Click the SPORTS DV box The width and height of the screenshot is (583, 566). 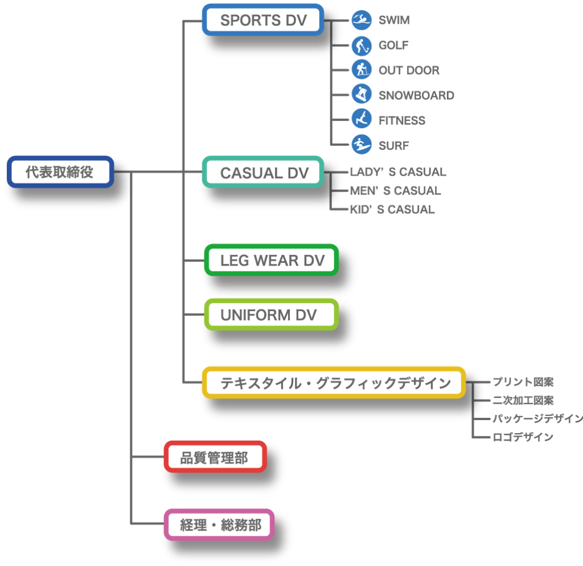pos(263,20)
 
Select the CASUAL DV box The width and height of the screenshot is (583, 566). pos(264,172)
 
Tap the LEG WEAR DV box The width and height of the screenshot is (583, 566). pos(272,260)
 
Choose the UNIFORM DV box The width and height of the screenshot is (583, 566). pos(272,315)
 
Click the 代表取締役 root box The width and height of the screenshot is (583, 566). pos(60,172)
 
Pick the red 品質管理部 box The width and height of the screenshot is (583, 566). pos(215,457)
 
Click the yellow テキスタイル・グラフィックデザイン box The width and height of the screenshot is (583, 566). pos(334,382)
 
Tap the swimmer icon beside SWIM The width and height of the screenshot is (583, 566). pos(361,21)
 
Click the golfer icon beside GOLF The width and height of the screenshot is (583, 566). pos(361,46)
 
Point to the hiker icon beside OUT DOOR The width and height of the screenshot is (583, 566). pos(361,70)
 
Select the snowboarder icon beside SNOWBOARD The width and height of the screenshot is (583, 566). pos(361,95)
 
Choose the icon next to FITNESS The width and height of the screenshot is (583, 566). pos(361,120)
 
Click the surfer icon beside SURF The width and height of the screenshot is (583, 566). pos(361,145)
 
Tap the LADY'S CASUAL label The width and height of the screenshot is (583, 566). pos(397,172)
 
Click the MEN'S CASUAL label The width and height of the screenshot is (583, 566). pos(395,191)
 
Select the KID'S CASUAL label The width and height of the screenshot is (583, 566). pos(392,210)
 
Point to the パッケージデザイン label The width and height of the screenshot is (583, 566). pos(537,419)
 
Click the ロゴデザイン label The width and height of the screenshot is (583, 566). pos(523,437)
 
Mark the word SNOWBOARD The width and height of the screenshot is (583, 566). pos(416,96)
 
